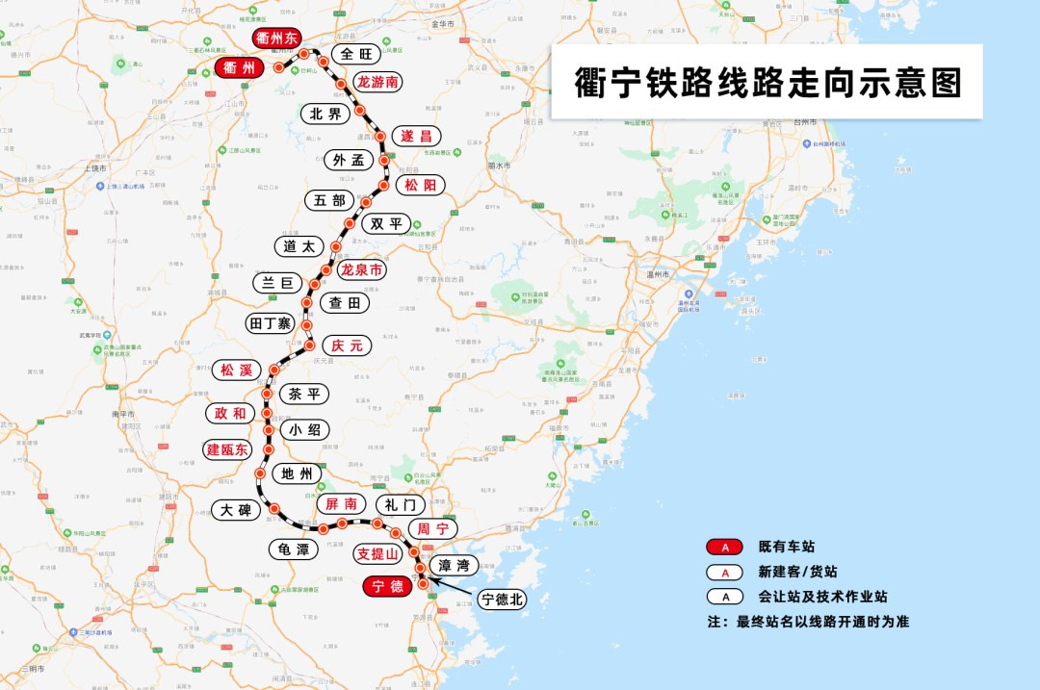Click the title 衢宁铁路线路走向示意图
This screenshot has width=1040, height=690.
click(767, 83)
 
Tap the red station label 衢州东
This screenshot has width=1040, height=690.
click(277, 38)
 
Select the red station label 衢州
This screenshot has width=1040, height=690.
click(238, 68)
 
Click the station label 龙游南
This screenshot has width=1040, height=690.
click(377, 82)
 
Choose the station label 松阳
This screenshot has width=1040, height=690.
click(422, 185)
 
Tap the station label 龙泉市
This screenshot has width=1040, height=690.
click(362, 270)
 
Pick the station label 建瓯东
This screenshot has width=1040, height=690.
click(227, 449)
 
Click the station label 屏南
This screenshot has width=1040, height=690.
click(340, 503)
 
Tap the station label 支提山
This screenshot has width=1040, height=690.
click(377, 553)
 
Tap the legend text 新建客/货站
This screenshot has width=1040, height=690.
click(798, 571)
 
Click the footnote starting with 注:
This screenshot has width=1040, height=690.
click(807, 622)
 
